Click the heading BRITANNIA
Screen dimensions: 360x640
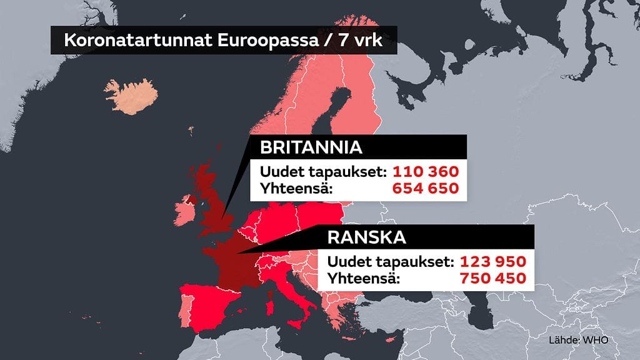[x=311, y=148]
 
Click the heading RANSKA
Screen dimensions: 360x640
[x=367, y=237]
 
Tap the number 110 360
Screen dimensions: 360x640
[x=426, y=171]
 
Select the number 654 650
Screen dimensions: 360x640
[x=426, y=188]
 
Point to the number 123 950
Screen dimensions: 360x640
[x=492, y=261]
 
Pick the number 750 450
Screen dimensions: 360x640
[x=492, y=278]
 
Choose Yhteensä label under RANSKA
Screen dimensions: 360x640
[x=359, y=278]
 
